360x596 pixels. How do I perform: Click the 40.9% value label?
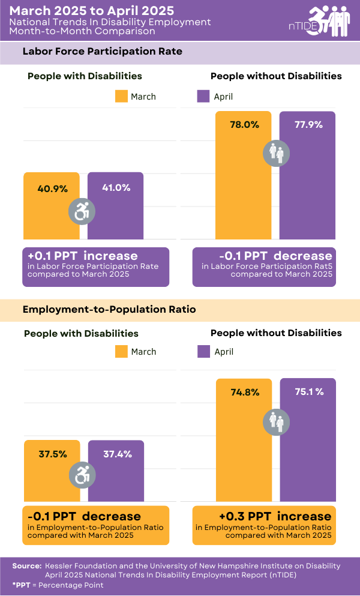[x=52, y=188]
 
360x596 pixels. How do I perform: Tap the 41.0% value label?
[x=116, y=187]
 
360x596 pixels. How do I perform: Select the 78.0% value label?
[x=244, y=125]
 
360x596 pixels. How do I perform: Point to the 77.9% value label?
[x=308, y=125]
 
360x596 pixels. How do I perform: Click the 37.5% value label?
[x=53, y=454]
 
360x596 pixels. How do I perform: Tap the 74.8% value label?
[x=245, y=392]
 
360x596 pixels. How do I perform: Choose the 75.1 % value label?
[x=308, y=392]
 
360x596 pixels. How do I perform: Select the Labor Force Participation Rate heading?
[x=103, y=52]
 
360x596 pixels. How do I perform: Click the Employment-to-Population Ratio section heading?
[x=109, y=310]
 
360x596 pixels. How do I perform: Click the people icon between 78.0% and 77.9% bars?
[x=277, y=154]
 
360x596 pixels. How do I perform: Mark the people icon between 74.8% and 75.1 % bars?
[x=277, y=421]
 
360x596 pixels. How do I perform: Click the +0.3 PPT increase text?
[x=275, y=516]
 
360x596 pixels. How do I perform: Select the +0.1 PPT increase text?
[x=82, y=256]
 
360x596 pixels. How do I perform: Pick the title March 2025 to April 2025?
[x=92, y=11]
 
